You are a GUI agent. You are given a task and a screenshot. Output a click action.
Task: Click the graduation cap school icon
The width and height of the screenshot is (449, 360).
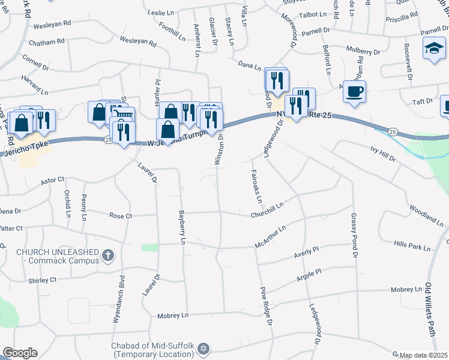click(x=434, y=47)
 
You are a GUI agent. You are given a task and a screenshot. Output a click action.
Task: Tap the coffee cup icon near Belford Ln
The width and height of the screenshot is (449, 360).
click(x=354, y=91)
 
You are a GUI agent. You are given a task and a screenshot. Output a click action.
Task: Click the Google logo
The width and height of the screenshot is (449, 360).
click(x=20, y=353)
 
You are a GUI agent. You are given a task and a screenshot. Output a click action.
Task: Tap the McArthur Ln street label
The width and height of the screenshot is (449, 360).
click(x=270, y=235)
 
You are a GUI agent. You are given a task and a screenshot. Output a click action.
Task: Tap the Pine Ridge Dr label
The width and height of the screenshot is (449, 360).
click(x=266, y=306)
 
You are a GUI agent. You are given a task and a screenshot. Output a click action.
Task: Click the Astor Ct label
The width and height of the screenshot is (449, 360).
click(x=52, y=179)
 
